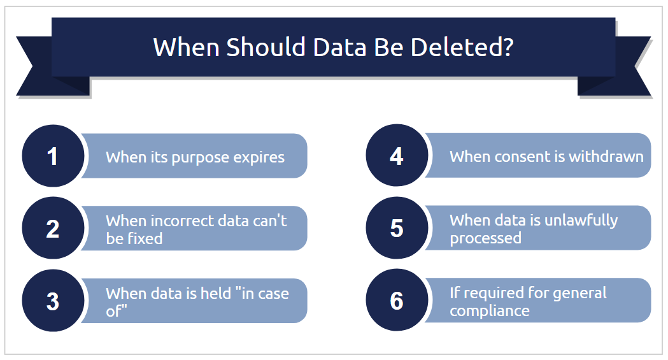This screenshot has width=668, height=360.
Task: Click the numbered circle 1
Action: click(53, 156)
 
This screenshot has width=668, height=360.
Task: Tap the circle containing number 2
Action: click(53, 228)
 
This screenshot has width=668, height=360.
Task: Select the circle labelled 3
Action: click(53, 300)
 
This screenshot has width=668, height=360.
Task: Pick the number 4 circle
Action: click(397, 155)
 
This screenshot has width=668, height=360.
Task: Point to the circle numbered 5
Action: click(397, 228)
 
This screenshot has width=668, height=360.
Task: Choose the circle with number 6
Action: click(397, 300)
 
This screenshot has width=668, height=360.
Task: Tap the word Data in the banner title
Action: click(339, 47)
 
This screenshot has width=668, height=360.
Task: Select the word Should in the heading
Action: click(266, 47)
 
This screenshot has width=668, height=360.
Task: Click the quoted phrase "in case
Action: click(262, 293)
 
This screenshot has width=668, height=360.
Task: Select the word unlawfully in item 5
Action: click(581, 220)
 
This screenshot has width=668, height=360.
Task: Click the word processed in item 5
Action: click(486, 238)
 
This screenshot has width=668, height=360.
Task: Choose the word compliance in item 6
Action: click(490, 311)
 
